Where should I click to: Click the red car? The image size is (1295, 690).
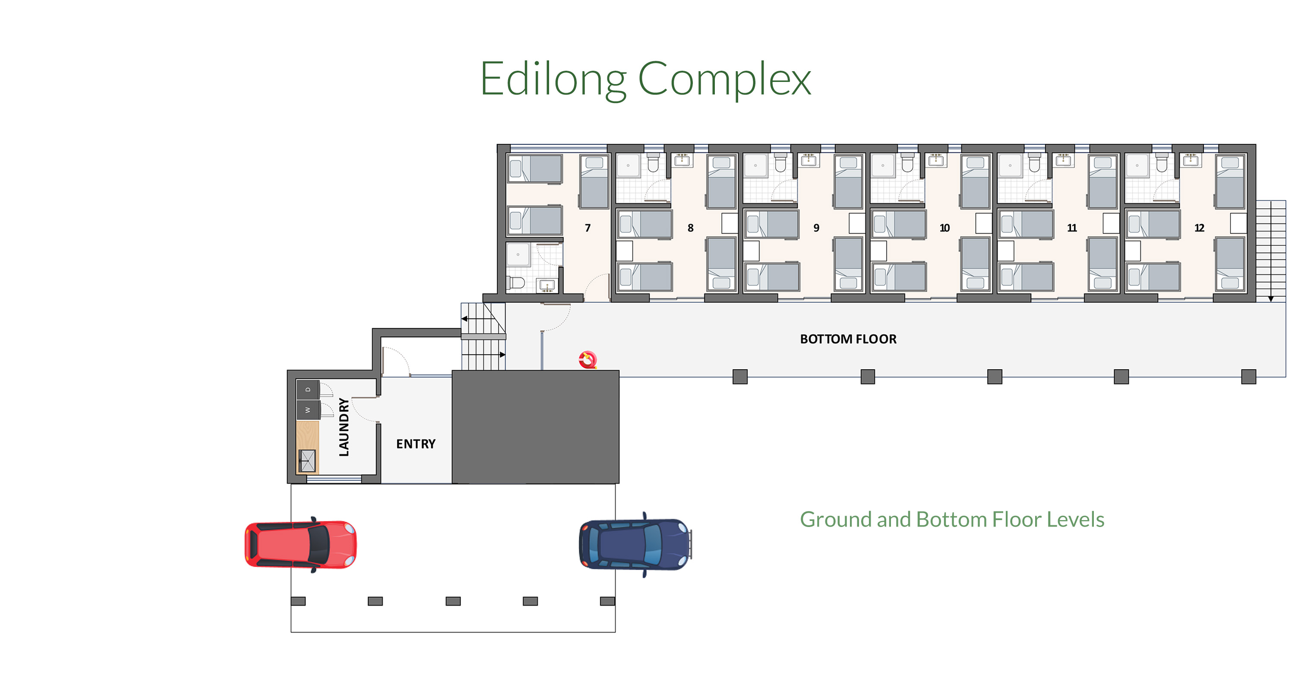coord(300,545)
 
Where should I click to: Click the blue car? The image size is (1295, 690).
coord(635,545)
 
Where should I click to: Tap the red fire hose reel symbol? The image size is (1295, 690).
coord(587,360)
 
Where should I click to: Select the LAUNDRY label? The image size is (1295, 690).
coord(344,427)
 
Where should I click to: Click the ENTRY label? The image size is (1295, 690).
coord(416,444)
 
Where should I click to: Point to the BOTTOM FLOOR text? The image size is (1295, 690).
coord(848,339)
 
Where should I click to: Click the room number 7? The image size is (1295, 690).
coord(587,228)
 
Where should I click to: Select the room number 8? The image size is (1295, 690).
coord(690,228)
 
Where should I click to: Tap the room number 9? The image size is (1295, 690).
coord(816,228)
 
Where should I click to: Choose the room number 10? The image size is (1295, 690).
coord(944,228)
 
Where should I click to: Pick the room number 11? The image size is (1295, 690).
coord(1072,228)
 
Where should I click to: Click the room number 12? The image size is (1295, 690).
coord(1200,228)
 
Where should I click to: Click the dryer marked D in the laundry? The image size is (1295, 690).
coord(308,389)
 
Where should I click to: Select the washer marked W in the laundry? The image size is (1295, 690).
coord(308,410)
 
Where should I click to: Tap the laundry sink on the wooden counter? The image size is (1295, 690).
coord(307,461)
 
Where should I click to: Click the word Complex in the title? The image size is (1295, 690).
coord(724,79)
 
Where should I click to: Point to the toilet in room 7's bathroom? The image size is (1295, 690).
coord(516,283)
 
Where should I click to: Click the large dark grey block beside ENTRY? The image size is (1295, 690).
coord(535,427)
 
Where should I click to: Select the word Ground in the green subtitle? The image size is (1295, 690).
coord(836,519)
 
